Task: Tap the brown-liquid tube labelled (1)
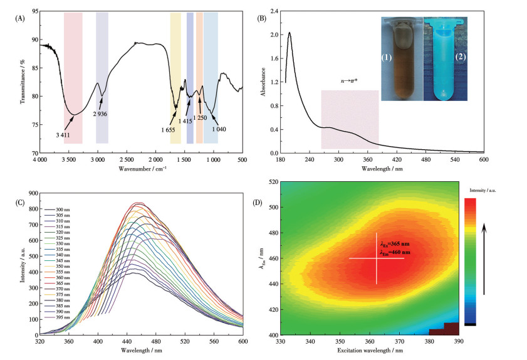click(x=402, y=60)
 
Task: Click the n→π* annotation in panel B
click(x=348, y=82)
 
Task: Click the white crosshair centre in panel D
click(x=377, y=258)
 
